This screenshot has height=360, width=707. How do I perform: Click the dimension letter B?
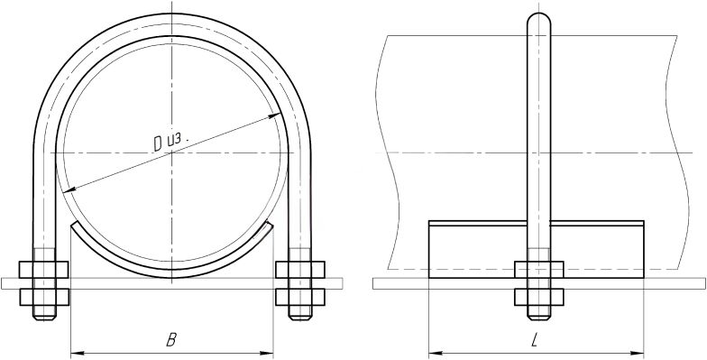171,340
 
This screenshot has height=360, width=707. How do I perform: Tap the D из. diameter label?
170,142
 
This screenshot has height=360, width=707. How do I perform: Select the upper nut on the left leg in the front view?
43,269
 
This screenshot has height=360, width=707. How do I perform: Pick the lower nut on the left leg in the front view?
44,297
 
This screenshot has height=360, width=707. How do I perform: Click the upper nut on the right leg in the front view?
300,269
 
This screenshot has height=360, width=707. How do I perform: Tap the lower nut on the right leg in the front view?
300,297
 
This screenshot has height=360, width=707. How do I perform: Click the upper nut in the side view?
539,269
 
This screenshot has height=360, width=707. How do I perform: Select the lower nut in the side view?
539,297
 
